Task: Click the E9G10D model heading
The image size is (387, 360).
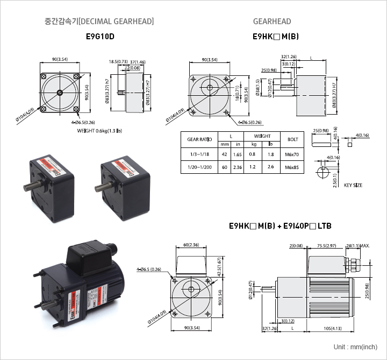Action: [100, 38]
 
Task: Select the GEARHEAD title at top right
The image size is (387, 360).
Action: [272, 22]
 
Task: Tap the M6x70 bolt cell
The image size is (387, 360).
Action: [291, 154]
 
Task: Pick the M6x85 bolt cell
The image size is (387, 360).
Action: [291, 167]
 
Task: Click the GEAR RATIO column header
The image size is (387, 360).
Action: [199, 140]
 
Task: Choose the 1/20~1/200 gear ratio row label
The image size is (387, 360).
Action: [199, 167]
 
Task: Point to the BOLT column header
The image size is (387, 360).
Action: [292, 140]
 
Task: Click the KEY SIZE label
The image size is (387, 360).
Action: [353, 185]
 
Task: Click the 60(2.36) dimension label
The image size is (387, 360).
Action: [191, 245]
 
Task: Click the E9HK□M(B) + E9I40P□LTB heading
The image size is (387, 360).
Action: [280, 226]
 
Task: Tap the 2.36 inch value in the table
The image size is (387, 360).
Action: [238, 167]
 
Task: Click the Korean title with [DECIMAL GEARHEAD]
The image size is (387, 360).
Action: [99, 22]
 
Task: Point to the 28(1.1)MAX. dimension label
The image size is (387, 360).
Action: [358, 246]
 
